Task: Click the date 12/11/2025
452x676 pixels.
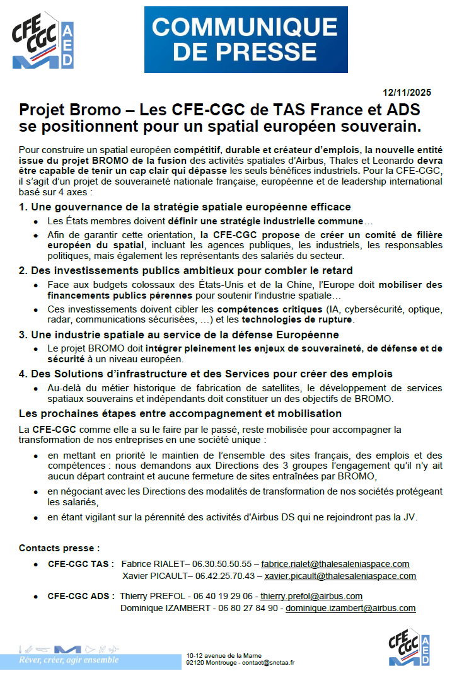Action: pos(407,92)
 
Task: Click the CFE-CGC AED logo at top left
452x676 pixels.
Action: pos(43,41)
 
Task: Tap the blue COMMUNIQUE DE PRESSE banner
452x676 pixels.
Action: pos(245,38)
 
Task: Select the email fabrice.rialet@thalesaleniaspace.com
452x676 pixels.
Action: pos(335,564)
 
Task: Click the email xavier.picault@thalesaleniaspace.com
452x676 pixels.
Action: pos(340,576)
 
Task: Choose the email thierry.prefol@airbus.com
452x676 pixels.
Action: pos(311,596)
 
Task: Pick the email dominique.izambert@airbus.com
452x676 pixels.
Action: pos(351,608)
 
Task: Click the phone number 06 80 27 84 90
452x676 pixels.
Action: pos(248,608)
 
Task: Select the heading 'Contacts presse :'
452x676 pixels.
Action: pos(59,548)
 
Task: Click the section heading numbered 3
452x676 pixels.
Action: pos(179,335)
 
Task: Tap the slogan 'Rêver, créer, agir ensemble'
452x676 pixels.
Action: pos(69,660)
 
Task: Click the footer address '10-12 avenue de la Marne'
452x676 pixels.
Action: pos(224,656)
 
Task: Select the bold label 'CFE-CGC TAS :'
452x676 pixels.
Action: pos(81,564)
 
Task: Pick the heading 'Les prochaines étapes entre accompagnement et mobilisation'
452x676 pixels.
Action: pos(180,414)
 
